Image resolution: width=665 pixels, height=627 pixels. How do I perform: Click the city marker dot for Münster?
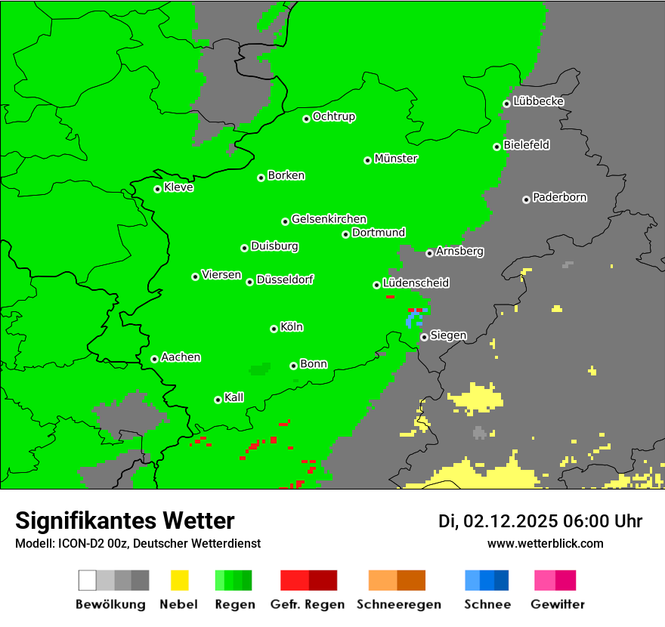point(368,160)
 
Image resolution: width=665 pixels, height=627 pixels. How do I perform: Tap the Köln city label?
point(292,327)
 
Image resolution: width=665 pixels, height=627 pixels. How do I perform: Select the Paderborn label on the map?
point(559,197)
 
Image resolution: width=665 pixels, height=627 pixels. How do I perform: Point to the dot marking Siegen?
point(425,337)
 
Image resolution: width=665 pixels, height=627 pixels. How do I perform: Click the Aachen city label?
point(181,357)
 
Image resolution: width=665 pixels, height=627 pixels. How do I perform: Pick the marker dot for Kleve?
point(158,189)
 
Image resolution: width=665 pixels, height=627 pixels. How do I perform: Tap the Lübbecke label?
point(538,101)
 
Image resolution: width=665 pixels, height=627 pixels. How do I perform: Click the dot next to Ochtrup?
point(307,119)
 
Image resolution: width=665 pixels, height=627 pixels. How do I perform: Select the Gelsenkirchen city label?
point(329,219)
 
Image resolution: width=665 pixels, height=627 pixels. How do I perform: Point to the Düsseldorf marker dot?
point(250,282)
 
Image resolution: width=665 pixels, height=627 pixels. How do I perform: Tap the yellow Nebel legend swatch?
point(179,580)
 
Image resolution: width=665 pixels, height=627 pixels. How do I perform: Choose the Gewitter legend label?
point(558,604)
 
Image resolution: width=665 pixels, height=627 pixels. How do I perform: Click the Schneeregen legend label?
point(397,604)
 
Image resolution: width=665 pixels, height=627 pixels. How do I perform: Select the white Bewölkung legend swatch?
point(88,580)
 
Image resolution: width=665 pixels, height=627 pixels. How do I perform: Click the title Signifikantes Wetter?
point(125,520)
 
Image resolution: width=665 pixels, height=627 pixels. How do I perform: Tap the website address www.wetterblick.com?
point(545,543)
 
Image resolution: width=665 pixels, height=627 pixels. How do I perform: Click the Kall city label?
point(234,397)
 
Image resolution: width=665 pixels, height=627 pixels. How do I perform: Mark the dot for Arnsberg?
point(429,253)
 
